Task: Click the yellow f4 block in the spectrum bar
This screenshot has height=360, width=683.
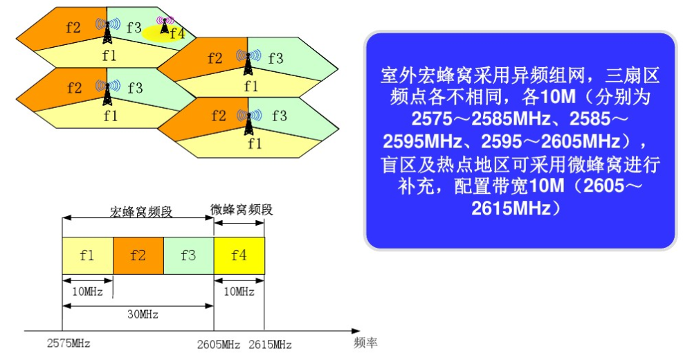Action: tap(239, 255)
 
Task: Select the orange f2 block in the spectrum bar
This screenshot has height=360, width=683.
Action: tap(138, 255)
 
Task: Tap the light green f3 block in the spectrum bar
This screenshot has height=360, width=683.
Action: tap(189, 255)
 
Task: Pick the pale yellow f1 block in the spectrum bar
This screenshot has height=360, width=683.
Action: tap(88, 255)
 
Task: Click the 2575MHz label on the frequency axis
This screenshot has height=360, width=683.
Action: tap(69, 343)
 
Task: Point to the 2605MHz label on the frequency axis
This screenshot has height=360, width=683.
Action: tap(218, 345)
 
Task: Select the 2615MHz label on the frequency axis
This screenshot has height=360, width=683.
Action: tap(270, 345)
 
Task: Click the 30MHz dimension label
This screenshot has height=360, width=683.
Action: tap(143, 314)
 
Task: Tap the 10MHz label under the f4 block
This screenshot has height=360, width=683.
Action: tap(239, 291)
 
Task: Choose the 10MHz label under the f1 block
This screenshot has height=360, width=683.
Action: tap(87, 291)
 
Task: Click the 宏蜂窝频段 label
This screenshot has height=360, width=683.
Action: tap(141, 212)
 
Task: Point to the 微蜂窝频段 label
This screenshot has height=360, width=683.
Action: tap(242, 210)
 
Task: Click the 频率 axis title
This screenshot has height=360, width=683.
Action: tap(365, 343)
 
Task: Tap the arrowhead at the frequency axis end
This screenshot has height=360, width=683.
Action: tap(360, 331)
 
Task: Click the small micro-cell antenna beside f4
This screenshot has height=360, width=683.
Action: tap(165, 25)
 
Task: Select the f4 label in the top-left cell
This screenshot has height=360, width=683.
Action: tap(177, 33)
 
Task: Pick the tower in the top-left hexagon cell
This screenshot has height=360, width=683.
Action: tap(107, 30)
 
